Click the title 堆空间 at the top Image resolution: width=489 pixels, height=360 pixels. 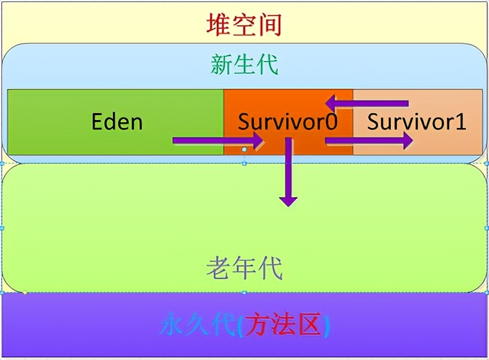click(x=244, y=24)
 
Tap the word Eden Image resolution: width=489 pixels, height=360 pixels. click(x=117, y=122)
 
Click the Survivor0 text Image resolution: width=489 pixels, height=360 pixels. click(x=287, y=122)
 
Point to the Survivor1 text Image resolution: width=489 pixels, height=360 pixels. click(x=416, y=122)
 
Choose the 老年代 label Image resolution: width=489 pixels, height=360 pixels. click(x=245, y=268)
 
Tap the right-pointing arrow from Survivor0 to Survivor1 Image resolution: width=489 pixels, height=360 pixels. click(x=369, y=140)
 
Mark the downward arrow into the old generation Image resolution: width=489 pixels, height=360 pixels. click(x=288, y=173)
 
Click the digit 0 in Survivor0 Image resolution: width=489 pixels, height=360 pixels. click(x=329, y=122)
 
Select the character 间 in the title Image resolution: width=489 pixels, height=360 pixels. click(x=269, y=24)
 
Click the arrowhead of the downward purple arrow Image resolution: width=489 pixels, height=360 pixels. click(x=288, y=200)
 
